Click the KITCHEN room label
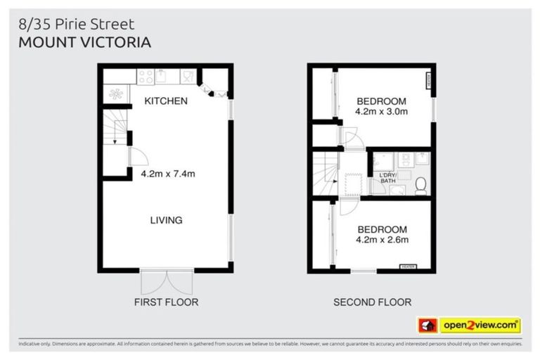tap(166, 101)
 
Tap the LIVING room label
tap(166, 220)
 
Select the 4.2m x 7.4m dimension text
tap(167, 174)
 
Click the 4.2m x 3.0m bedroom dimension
tap(382, 111)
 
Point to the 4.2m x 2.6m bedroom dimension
tap(382, 240)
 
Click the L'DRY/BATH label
tap(388, 178)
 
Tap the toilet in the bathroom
tap(420, 184)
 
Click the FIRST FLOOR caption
tap(166, 302)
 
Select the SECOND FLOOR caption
tap(372, 302)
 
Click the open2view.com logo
tap(480, 326)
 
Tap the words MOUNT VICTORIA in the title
tap(85, 41)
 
